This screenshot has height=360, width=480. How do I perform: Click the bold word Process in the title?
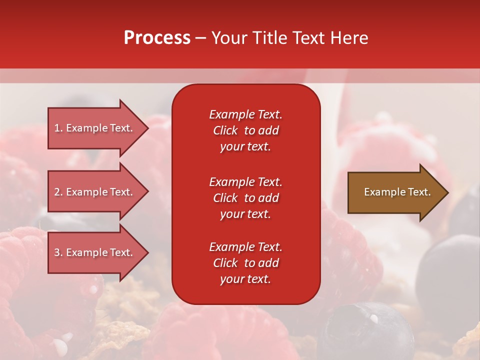[157, 37]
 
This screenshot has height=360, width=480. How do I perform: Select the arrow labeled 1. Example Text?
[95, 128]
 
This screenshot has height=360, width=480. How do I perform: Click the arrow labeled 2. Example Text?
[95, 192]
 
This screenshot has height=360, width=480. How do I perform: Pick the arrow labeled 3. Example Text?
[95, 252]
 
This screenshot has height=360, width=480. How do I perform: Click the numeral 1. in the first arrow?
[58, 128]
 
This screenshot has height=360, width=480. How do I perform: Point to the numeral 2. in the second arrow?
[58, 192]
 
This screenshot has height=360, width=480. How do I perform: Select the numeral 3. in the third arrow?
[58, 252]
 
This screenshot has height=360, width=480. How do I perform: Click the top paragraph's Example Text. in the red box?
[245, 114]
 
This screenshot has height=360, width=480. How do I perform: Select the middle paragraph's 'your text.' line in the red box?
[245, 214]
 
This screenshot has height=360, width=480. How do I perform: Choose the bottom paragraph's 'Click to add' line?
[245, 263]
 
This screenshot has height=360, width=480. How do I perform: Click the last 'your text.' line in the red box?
[245, 279]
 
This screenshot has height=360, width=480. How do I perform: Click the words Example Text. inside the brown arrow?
[397, 192]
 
